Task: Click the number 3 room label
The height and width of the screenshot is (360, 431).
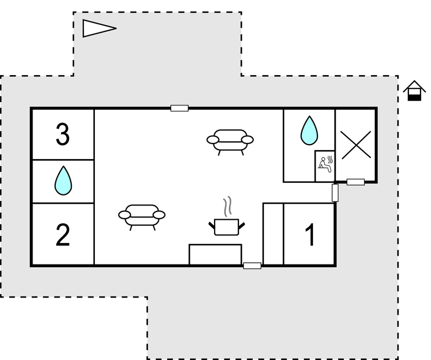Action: (x=63, y=134)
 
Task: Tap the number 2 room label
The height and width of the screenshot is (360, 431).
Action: (x=63, y=235)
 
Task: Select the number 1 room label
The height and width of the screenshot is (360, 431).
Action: (x=310, y=235)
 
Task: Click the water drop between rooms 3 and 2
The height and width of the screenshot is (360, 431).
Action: (x=63, y=181)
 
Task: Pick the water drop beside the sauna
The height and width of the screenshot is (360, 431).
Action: (x=309, y=130)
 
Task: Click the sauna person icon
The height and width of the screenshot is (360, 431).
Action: (x=326, y=165)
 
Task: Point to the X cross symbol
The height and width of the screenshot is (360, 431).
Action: (x=356, y=145)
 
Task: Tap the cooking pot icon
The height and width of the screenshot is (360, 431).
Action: (x=226, y=227)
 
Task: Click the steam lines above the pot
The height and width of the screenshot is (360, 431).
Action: (x=227, y=207)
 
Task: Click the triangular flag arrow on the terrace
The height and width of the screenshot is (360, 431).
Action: (x=99, y=28)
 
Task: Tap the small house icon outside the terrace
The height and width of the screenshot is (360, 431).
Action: (x=414, y=91)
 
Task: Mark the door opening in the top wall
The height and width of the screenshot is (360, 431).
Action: (x=179, y=108)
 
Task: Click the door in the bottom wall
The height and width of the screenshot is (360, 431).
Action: (x=252, y=266)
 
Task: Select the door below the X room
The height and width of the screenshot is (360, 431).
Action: (x=356, y=182)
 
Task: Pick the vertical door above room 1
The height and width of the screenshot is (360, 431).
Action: (x=335, y=193)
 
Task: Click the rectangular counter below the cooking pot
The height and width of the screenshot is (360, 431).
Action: (x=215, y=255)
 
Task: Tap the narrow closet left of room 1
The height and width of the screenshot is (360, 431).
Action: (x=273, y=234)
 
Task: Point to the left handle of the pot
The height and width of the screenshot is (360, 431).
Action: (x=212, y=226)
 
